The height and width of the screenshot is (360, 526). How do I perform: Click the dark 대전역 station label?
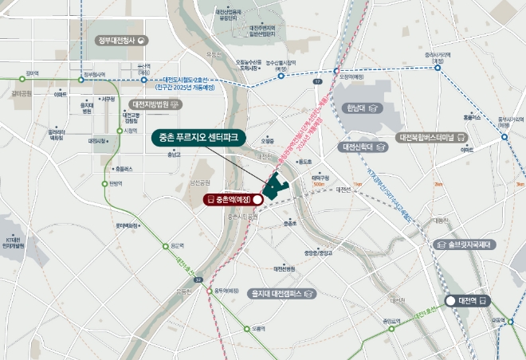coord(467,300)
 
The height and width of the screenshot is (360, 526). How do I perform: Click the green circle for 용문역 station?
coord(167,246)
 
